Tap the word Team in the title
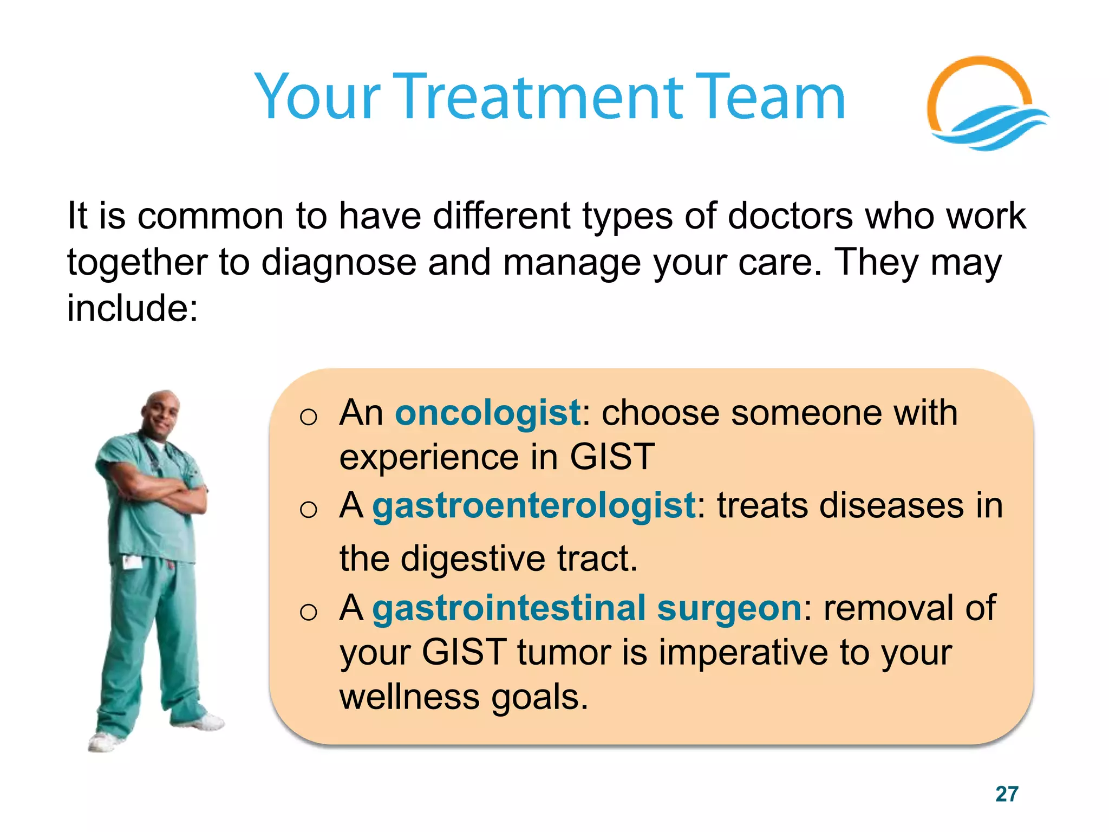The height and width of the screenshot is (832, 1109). click(x=769, y=97)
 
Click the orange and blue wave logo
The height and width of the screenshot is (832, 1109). click(x=986, y=106)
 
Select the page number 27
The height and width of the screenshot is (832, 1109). click(x=1007, y=794)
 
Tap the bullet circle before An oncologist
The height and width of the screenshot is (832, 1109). click(x=308, y=417)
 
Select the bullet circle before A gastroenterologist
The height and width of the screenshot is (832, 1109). click(x=308, y=510)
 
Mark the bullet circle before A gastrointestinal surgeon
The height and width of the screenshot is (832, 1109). click(x=308, y=612)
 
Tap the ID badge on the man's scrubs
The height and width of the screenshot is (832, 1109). click(x=132, y=562)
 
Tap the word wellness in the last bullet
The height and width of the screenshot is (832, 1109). click(x=409, y=697)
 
